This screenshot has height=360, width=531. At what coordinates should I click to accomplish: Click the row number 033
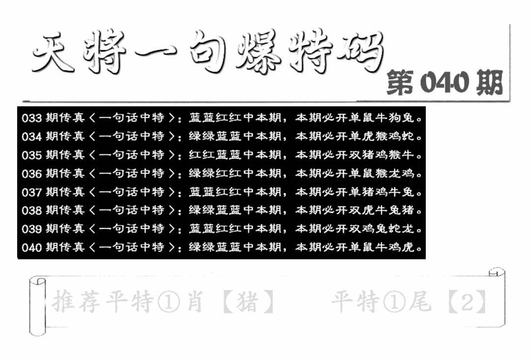point(31,118)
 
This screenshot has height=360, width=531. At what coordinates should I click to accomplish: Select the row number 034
point(31,137)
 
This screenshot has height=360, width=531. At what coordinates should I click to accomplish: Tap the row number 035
point(31,155)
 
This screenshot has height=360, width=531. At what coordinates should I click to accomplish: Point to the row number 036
point(31,174)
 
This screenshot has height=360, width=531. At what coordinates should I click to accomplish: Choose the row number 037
point(31,192)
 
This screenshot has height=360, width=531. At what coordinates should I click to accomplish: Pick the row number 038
point(31,210)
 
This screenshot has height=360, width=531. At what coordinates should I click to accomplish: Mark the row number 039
point(31,229)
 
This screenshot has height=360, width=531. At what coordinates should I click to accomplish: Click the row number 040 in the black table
point(31,247)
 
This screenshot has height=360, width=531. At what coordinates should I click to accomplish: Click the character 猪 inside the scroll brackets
point(248,301)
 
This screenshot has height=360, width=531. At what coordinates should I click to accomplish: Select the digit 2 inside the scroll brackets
point(468,301)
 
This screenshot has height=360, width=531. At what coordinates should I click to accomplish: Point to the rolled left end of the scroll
point(37,306)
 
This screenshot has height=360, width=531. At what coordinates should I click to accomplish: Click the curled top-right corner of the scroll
point(497,272)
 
